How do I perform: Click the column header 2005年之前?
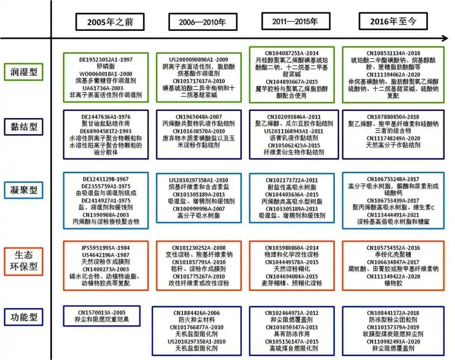point(110,21)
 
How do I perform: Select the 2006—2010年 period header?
point(202,22)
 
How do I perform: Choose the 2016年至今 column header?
point(393,21)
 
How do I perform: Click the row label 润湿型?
point(24,72)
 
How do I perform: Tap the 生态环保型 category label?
point(24,261)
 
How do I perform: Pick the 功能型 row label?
point(24,317)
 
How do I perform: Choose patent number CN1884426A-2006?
point(197,313)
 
